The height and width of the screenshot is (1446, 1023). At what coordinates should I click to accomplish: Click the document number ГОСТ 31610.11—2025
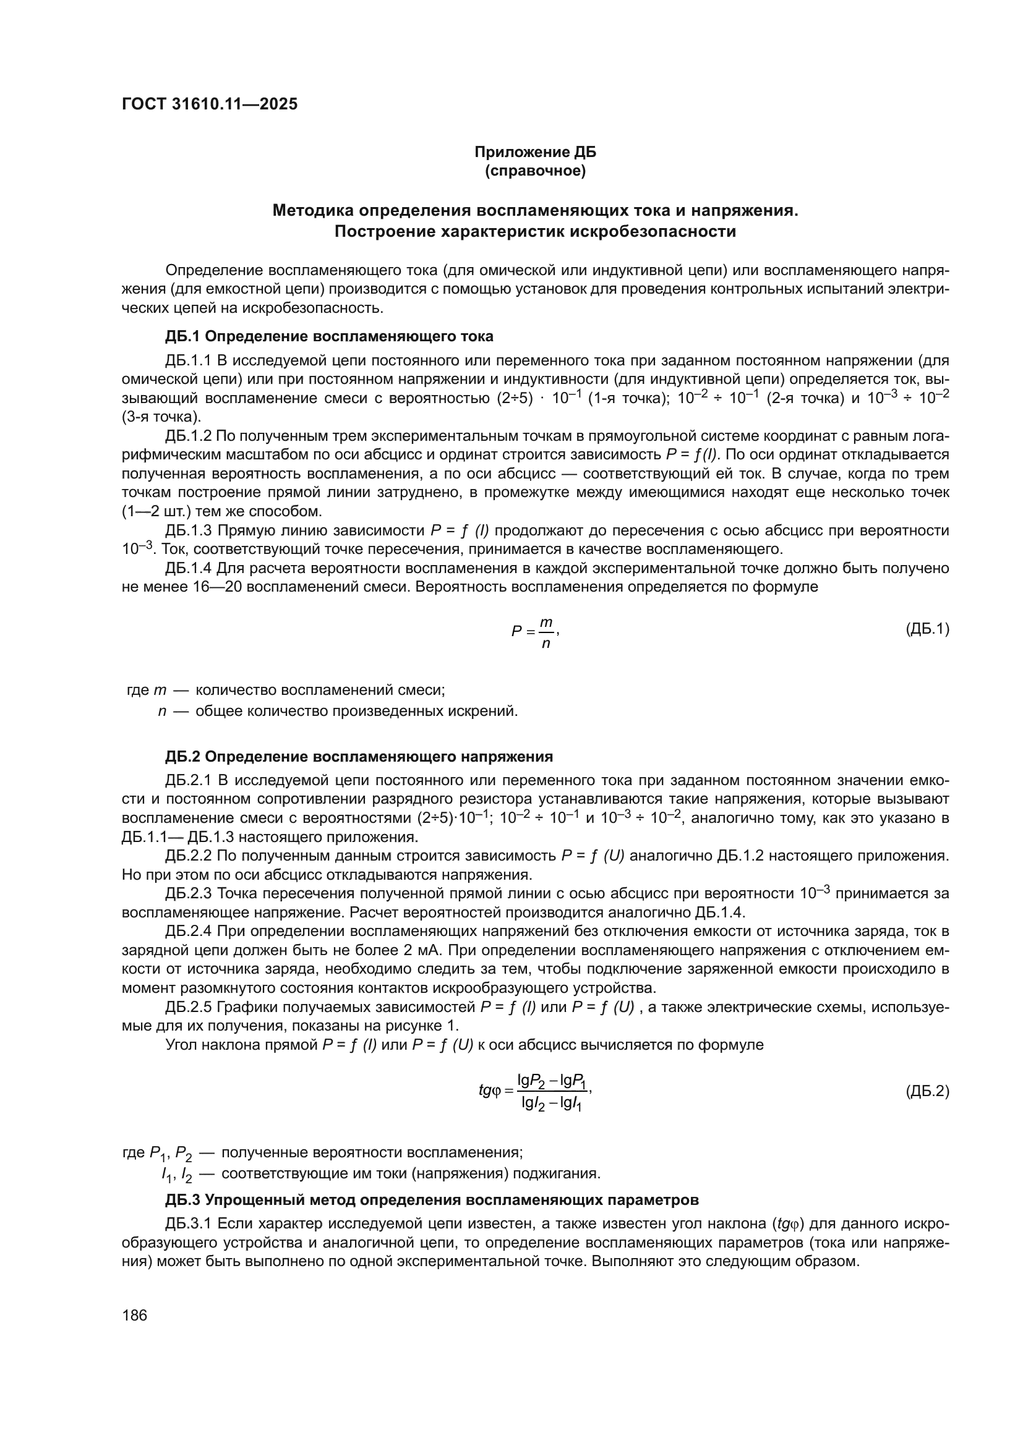point(209,104)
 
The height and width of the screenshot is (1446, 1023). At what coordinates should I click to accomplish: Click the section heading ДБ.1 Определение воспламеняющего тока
point(329,336)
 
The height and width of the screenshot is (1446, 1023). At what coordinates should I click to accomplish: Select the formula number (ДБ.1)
point(927,629)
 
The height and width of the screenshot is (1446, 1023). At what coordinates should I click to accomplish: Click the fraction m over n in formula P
point(546,633)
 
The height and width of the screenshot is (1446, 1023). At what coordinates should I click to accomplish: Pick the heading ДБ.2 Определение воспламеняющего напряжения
point(359,756)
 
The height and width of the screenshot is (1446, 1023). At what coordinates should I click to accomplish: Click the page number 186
point(134,1315)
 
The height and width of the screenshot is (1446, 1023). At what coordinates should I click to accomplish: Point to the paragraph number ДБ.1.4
point(189,568)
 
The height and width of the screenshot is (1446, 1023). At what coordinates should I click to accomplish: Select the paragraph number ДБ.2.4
point(189,932)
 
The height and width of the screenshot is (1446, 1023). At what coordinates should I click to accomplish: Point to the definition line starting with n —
point(338,712)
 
